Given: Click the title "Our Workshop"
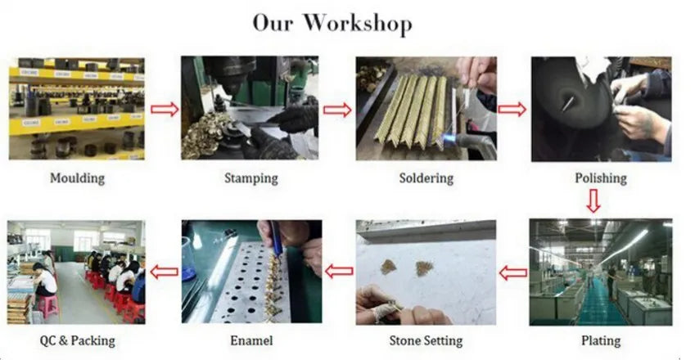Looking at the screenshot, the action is [x=332, y=23].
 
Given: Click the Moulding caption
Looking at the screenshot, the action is [x=77, y=178].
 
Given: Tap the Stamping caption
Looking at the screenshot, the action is [x=250, y=178].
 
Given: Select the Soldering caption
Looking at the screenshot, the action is [x=426, y=178].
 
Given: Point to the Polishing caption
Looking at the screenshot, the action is [x=601, y=178].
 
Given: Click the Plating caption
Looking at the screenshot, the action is [x=601, y=340].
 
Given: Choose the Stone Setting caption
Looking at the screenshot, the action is [x=426, y=340].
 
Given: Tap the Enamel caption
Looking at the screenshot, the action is [x=251, y=340].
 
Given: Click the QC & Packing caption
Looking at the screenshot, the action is [x=77, y=340].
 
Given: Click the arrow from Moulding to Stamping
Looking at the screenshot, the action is [x=164, y=109].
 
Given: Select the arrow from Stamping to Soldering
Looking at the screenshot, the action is [x=337, y=110].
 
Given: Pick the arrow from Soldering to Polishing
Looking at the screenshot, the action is [x=512, y=109].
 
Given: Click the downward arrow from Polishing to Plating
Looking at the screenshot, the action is [x=593, y=201].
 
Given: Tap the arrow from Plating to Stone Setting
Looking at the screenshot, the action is [x=513, y=273].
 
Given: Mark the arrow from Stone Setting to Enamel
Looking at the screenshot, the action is [x=339, y=271].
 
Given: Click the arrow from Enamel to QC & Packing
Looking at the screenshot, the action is [x=164, y=272].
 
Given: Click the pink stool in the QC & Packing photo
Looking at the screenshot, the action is [x=47, y=306].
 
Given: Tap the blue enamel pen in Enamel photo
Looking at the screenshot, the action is [x=276, y=240].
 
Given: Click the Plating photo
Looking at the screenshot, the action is [x=601, y=272].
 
